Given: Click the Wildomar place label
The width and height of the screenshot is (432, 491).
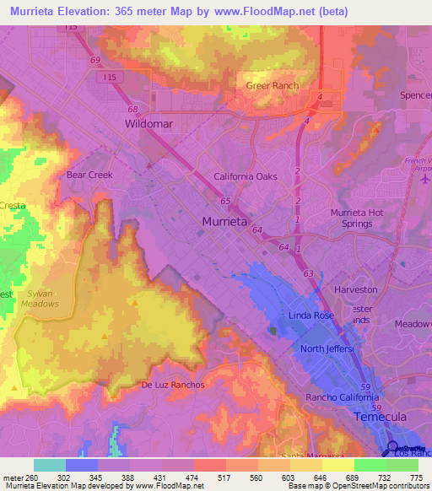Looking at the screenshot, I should point(149,123).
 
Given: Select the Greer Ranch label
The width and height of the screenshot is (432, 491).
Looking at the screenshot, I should point(273,86).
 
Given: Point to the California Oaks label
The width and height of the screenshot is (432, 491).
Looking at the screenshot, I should point(246,176).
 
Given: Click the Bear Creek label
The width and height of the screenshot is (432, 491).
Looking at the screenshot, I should point(89,175).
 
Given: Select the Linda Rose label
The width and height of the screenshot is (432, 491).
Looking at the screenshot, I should point(312,315).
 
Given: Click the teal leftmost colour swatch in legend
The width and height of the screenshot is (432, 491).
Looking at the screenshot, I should point(50,465).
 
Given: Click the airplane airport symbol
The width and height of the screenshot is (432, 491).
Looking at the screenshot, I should point(426,179).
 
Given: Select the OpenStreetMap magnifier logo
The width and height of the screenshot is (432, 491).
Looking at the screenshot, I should point(392,450).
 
